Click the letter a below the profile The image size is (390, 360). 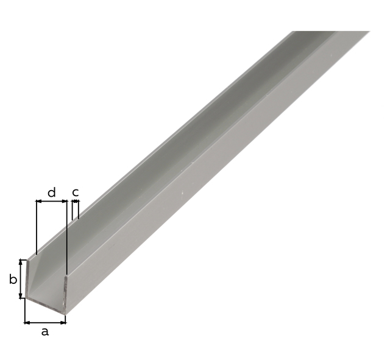[x=44, y=331]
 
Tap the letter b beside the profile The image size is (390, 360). [x=13, y=279]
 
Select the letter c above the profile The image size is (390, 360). [x=76, y=192]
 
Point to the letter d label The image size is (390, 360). [x=51, y=192]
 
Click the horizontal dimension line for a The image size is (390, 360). [x=45, y=323]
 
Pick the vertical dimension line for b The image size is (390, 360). [x=21, y=279]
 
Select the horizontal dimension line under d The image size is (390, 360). [x=52, y=201]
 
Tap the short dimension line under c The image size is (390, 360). [x=76, y=200]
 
